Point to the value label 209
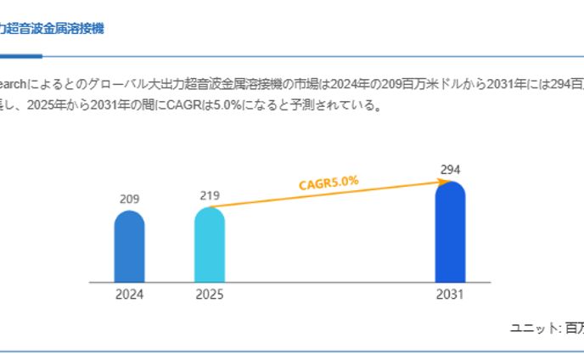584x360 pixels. click(x=129, y=199)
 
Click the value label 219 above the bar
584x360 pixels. click(x=210, y=195)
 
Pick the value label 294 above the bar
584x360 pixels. click(x=450, y=169)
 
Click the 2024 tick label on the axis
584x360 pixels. click(x=129, y=295)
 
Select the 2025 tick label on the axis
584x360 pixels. click(x=210, y=295)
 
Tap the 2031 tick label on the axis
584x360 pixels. click(x=450, y=295)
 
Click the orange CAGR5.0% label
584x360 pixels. click(x=328, y=183)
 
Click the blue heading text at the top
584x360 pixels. click(x=51, y=28)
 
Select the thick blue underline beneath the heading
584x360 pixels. click(x=20, y=56)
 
